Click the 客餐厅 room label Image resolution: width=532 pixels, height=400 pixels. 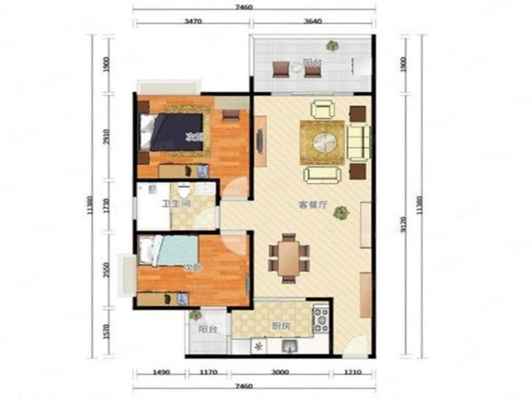pos(313,205)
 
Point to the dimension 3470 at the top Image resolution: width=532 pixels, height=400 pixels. pos(193,21)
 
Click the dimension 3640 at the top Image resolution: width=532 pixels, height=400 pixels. pos(313,21)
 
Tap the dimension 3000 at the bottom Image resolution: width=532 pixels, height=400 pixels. pos(280,372)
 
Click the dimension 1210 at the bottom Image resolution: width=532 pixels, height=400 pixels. pos(352,372)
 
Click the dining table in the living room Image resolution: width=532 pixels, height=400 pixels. pos(289,259)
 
